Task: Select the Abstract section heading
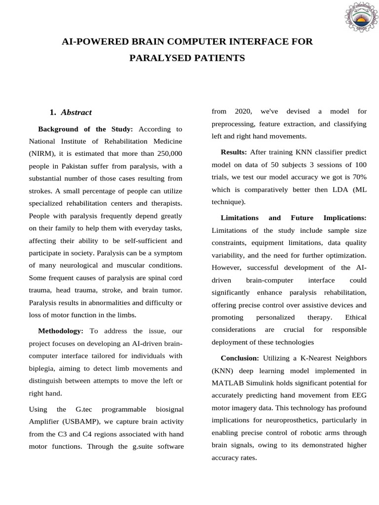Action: tap(76, 112)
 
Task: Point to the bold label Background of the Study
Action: tap(85, 129)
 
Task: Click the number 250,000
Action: tap(166, 154)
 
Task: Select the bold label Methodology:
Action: tap(61, 331)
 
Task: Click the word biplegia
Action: tap(43, 368)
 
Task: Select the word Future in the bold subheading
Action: tap(305, 217)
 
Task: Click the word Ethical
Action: tap(355, 317)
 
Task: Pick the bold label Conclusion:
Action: tap(240, 358)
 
